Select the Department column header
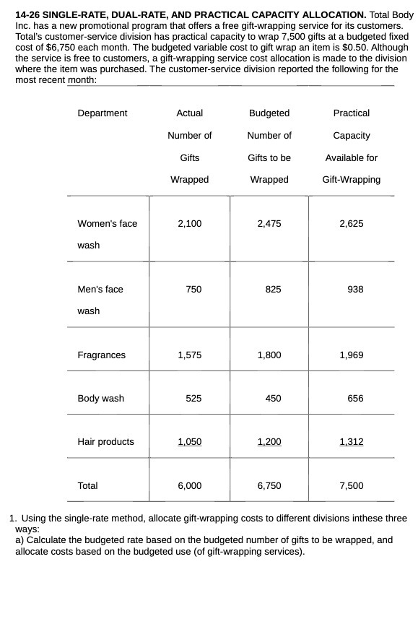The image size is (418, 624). pyautogui.click(x=102, y=113)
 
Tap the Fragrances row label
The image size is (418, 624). pyautogui.click(x=101, y=355)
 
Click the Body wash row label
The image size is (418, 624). pyautogui.click(x=100, y=399)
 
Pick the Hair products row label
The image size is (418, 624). pyautogui.click(x=105, y=442)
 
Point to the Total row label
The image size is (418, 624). pyautogui.click(x=87, y=486)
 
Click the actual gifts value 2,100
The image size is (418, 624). pyautogui.click(x=189, y=224)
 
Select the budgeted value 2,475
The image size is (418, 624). pyautogui.click(x=269, y=224)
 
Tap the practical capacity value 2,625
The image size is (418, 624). pyautogui.click(x=351, y=224)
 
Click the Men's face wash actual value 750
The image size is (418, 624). pyautogui.click(x=193, y=290)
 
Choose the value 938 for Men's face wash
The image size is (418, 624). pyautogui.click(x=355, y=290)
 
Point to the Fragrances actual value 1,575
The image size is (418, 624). pyautogui.click(x=189, y=355)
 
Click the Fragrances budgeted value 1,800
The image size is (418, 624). pyautogui.click(x=269, y=355)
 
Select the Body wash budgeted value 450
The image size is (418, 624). pyautogui.click(x=273, y=399)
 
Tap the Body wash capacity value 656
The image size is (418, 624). pyautogui.click(x=355, y=399)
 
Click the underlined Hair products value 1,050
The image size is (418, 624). pyautogui.click(x=189, y=442)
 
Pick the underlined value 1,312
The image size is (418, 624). pyautogui.click(x=351, y=442)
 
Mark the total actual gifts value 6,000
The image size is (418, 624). pyautogui.click(x=189, y=486)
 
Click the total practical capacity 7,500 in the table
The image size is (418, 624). pyautogui.click(x=351, y=486)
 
